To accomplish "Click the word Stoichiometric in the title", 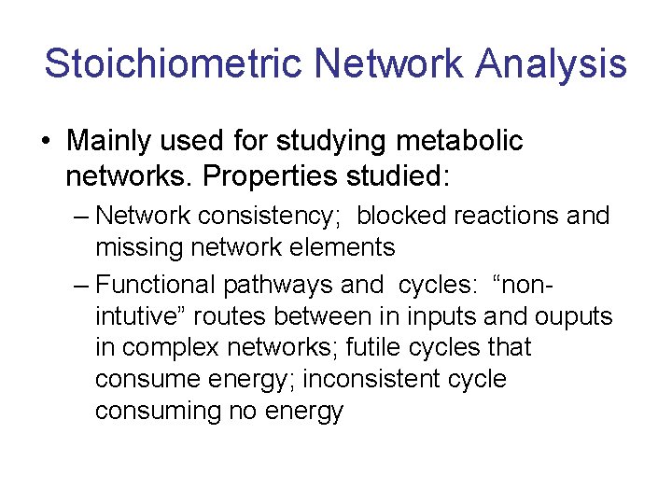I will click(173, 64).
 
